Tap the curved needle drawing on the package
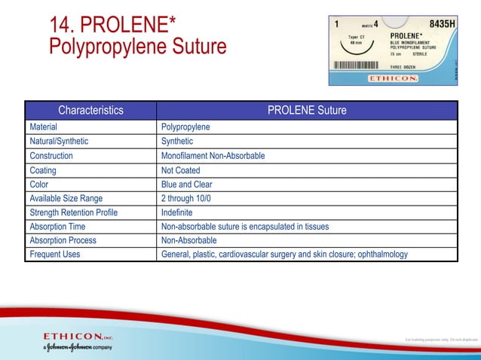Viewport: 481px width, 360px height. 355,47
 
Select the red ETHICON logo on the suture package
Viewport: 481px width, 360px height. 393,78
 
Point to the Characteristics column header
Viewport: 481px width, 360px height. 90,111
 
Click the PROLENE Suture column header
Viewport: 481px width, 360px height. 307,111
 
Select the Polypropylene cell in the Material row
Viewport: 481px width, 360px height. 185,127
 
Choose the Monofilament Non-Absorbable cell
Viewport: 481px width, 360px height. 213,156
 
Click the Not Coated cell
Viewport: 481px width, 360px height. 181,170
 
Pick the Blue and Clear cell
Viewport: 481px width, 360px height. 187,184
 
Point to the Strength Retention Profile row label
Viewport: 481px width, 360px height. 73,212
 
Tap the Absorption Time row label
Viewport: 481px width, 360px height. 57,226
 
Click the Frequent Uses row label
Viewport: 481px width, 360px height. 55,255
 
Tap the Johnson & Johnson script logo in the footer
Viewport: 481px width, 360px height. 75,347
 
